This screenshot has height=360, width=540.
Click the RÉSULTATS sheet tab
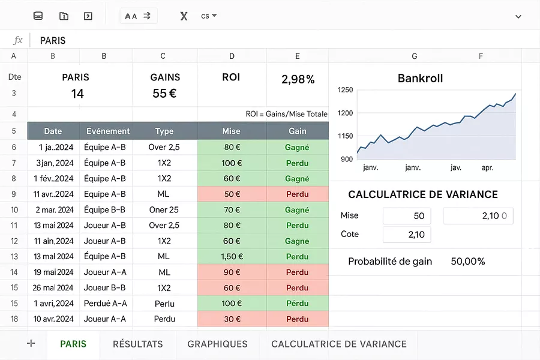tap(138, 344)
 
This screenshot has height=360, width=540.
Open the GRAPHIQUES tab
tap(217, 344)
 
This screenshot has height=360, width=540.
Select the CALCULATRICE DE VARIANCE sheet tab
tap(339, 344)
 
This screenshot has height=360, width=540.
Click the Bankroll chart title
tap(420, 79)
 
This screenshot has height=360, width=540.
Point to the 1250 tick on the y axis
tap(345, 90)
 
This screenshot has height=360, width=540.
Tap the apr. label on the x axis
tap(487, 168)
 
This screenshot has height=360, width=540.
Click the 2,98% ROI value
tap(298, 79)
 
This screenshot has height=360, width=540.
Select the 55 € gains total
tap(164, 94)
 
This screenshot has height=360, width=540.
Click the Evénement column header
tap(108, 131)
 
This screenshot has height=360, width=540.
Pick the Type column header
tap(164, 131)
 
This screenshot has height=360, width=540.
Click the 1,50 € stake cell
tap(232, 256)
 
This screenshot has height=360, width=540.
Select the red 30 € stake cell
tap(232, 319)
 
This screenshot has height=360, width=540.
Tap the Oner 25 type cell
tap(164, 210)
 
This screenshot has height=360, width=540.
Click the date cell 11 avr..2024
tap(53, 194)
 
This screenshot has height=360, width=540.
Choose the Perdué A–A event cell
tap(106, 303)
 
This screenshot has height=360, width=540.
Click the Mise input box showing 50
tap(407, 216)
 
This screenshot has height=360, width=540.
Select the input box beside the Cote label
tap(407, 235)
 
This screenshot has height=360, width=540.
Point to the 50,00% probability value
tap(467, 262)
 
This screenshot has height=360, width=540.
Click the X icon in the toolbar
tap(184, 16)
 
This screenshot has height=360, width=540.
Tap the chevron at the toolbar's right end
tap(518, 16)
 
